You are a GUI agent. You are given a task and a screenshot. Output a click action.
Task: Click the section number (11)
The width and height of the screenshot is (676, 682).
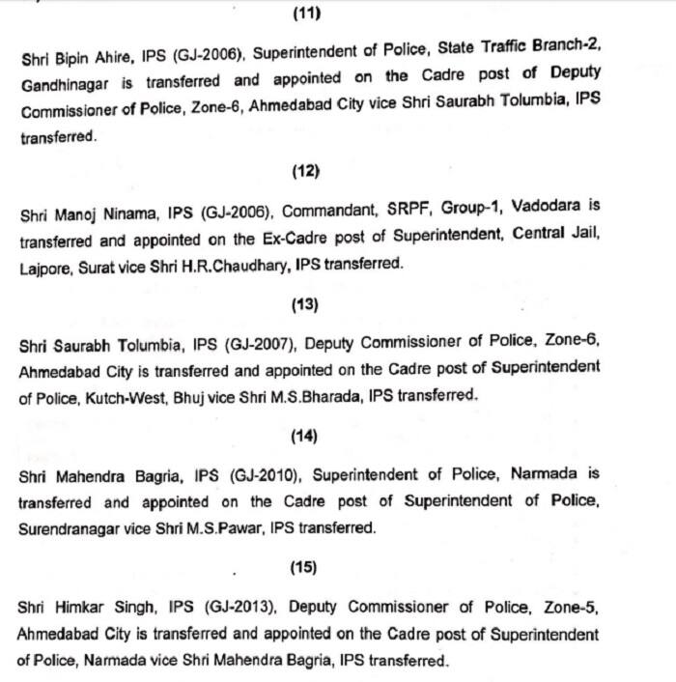(306, 14)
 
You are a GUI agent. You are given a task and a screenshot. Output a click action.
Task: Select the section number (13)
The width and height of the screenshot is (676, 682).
(306, 304)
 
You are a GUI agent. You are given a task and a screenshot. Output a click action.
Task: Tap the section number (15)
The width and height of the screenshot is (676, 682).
(306, 567)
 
